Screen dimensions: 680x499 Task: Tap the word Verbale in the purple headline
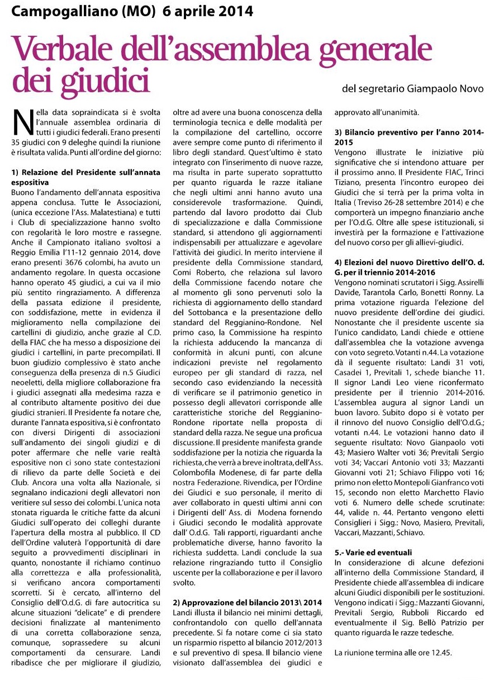(61, 47)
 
